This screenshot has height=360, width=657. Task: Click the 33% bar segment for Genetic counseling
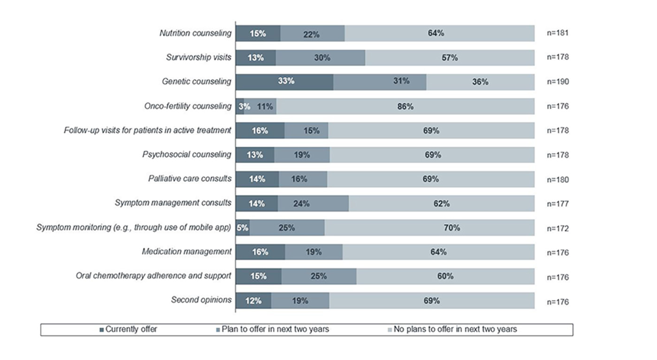coord(284,82)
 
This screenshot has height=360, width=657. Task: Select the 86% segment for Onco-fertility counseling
coord(405,107)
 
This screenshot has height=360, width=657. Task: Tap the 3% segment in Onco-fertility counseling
coord(240,107)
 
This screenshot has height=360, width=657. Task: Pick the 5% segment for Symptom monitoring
coord(242,228)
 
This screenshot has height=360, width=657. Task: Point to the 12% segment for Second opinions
coord(253,301)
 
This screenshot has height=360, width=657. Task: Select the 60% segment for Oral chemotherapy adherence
coord(445,276)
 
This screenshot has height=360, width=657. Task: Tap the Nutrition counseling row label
coord(195,33)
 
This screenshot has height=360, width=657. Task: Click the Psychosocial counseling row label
coord(187,154)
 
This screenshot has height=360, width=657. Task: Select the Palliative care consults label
coord(190,179)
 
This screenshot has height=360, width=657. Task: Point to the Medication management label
coord(186,252)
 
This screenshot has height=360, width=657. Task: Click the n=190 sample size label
coord(558,82)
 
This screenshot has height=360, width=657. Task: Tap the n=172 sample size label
coord(558,229)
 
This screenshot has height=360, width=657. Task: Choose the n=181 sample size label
coord(558,33)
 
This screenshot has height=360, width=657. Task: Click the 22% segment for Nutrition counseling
coord(312,33)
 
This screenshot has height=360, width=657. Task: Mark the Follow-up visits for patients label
coord(147,130)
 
